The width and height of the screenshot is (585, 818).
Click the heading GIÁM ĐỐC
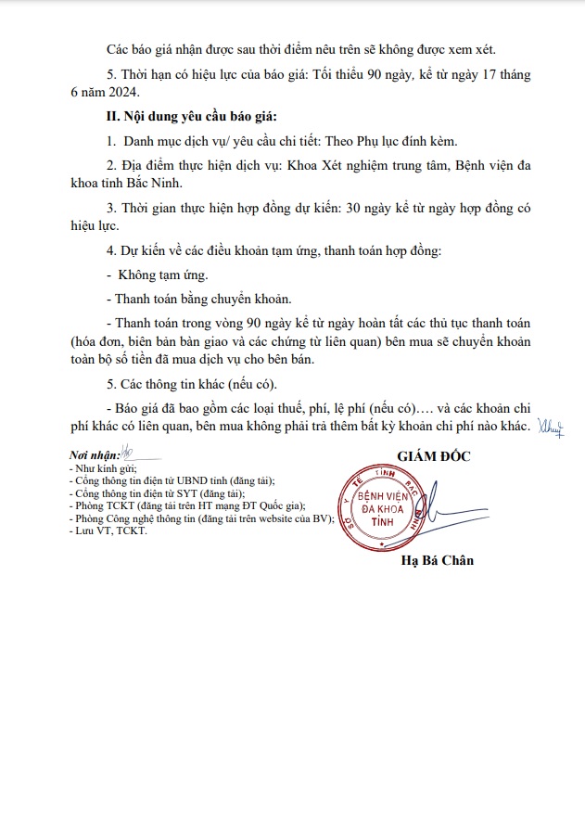click(434, 457)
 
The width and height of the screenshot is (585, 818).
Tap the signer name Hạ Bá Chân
click(437, 560)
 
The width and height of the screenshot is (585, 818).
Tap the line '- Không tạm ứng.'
click(158, 275)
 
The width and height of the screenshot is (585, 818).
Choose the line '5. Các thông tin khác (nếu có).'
click(199, 385)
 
